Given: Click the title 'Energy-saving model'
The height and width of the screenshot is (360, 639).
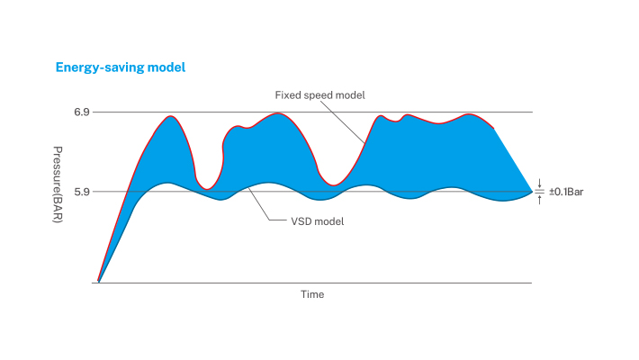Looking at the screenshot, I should coord(121,67).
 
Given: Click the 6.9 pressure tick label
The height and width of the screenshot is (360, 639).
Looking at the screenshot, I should coord(81,112).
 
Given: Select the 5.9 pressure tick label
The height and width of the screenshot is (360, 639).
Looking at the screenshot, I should coord(81,192).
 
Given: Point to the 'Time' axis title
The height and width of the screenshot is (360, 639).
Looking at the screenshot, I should coord(312,294).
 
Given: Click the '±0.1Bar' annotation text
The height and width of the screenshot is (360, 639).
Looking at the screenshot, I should coord(567,192).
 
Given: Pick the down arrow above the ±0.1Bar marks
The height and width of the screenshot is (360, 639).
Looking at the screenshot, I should coord(538,183).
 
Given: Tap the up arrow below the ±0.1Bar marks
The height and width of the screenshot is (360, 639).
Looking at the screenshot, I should coord(538,200).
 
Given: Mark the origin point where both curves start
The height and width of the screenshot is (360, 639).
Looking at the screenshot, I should coord(98,282).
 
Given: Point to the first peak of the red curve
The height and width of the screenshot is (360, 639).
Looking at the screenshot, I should coord(169,116).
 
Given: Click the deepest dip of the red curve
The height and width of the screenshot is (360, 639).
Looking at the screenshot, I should coord(207,189).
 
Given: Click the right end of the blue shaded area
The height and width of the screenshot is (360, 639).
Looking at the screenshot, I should coord(531,191).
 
